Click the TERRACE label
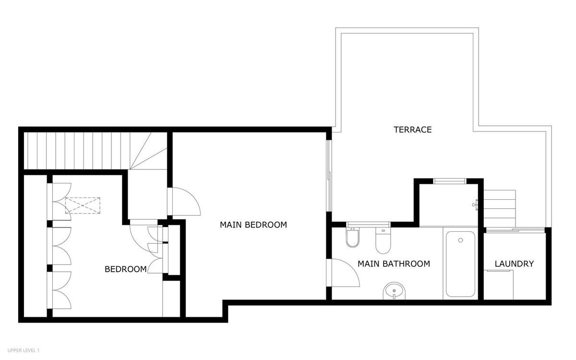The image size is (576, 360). click(413, 130)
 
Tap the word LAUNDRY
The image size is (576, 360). click(514, 264)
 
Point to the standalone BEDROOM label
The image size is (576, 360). click(126, 269)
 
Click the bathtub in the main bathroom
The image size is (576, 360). click(460, 264)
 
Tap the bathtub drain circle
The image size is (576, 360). click(460, 240)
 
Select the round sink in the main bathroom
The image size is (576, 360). click(395, 290)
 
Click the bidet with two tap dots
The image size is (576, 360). click(352, 238)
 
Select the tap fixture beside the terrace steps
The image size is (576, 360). click(475, 204)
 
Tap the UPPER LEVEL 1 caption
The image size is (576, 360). click(23, 351)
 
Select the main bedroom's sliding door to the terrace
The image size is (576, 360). click(329, 175)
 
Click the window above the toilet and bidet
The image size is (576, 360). click(368, 224)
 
